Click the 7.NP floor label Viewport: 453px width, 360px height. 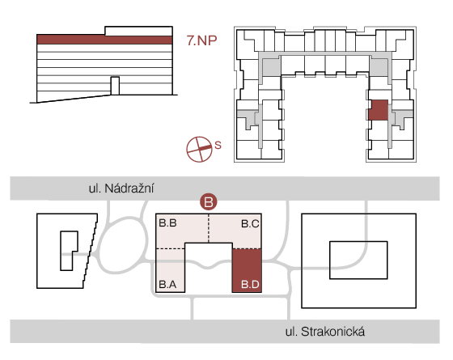(x=201, y=40)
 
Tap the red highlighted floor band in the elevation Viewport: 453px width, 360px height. (x=104, y=40)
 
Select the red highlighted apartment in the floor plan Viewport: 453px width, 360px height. (x=379, y=110)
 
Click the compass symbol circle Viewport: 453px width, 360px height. (x=199, y=149)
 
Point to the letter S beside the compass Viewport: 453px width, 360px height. (x=218, y=145)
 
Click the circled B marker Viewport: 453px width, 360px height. (x=209, y=201)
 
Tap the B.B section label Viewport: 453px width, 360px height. (x=167, y=223)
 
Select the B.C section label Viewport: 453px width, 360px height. (x=250, y=223)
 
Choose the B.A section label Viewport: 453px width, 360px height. (x=167, y=284)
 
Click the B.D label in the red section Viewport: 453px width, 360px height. (x=250, y=284)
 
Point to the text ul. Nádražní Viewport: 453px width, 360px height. (x=121, y=188)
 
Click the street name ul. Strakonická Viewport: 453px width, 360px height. (x=325, y=332)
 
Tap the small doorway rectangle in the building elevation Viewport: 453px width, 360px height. (x=115, y=86)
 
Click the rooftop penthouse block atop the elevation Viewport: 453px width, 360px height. (x=138, y=31)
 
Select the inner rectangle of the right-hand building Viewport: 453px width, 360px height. (x=358, y=260)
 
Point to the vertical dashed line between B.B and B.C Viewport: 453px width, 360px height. (x=209, y=228)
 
